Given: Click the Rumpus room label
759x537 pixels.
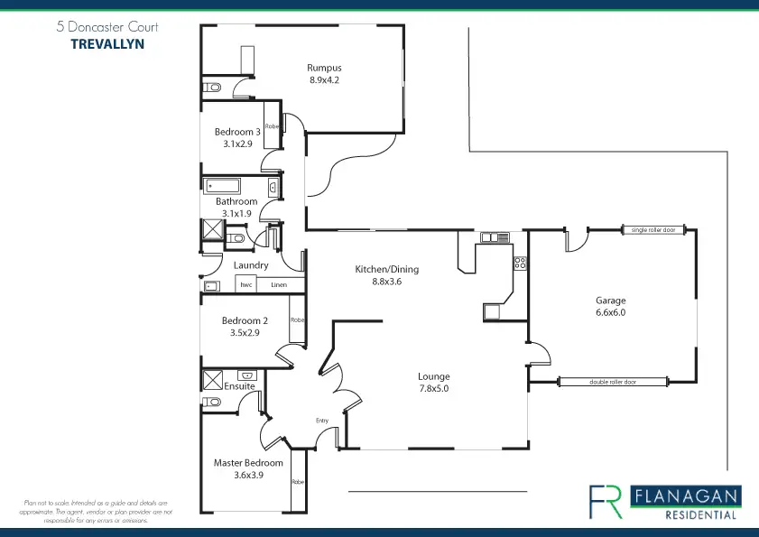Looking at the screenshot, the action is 324,68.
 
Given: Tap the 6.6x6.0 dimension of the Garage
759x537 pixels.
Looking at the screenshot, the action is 610,312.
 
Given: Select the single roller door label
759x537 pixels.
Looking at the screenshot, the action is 653,230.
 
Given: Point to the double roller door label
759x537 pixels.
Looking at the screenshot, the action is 613,382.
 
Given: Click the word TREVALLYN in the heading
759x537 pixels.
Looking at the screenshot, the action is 106,42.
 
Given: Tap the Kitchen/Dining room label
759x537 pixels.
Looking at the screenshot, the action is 386,269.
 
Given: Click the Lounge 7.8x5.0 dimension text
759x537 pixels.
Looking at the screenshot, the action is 433,389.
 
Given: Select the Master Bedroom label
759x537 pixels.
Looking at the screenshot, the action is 248,463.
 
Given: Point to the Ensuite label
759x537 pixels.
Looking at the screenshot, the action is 240,386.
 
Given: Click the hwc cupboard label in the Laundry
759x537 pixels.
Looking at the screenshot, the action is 245,285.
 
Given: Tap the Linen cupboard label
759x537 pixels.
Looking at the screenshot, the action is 279,285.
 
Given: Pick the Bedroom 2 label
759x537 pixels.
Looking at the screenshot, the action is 245,320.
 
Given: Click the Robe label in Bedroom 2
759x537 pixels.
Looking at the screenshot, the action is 297,319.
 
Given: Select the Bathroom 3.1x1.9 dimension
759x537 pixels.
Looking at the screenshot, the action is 236,213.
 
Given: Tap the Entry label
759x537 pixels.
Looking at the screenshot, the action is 322,421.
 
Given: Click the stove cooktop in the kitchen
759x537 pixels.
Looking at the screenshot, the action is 520,264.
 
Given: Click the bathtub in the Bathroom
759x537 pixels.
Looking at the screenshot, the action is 236,186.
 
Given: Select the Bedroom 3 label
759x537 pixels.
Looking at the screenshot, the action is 237,132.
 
